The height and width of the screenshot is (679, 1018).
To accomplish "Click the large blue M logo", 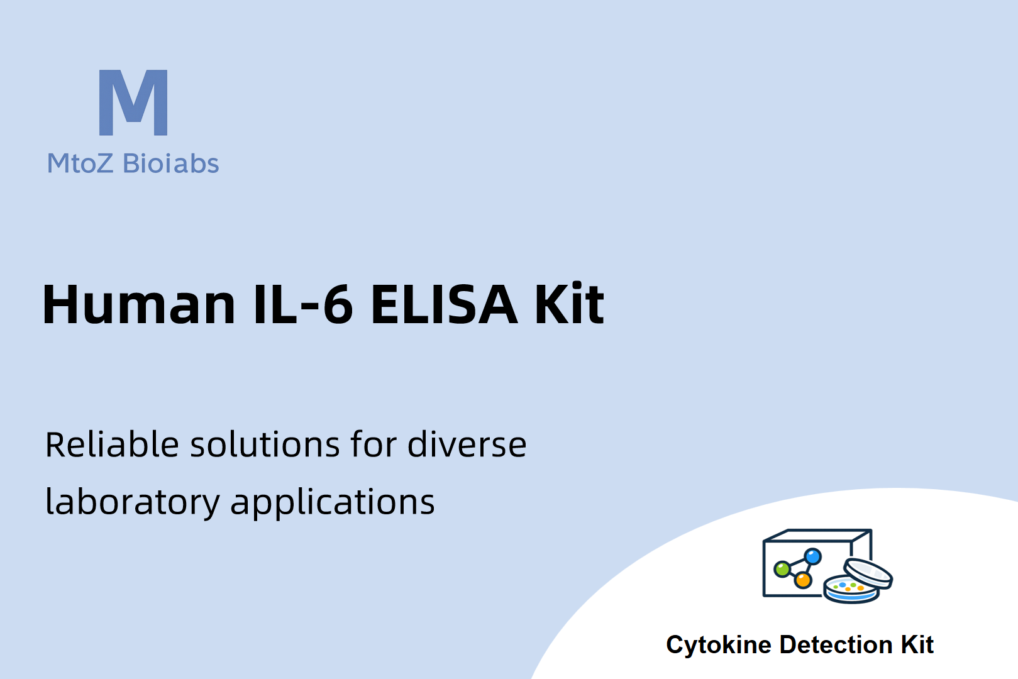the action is [x=133, y=102].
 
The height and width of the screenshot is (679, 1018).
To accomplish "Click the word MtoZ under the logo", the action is [x=80, y=163].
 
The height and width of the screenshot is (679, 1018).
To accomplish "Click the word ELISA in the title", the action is [x=444, y=304].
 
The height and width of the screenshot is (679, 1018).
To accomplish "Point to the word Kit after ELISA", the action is [x=570, y=303].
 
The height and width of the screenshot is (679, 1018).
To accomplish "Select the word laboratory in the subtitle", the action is [x=133, y=502].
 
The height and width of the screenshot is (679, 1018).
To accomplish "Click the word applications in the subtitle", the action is [x=333, y=502].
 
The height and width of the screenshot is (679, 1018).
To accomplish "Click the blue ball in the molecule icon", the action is [x=812, y=556].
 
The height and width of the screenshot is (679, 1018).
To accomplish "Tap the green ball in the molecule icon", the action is [x=782, y=568].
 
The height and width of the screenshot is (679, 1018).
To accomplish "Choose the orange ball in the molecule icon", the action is [x=803, y=580].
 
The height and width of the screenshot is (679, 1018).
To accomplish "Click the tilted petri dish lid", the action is [x=868, y=573].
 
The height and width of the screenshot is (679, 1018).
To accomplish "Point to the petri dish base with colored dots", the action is [x=851, y=590].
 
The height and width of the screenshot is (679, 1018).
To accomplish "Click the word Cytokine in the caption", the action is [x=719, y=645].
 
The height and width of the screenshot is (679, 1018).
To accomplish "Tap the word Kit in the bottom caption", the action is [x=917, y=644].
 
